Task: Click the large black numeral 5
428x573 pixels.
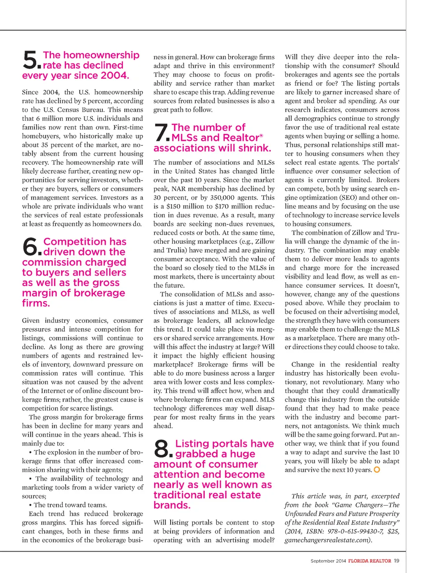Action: tap(31, 60)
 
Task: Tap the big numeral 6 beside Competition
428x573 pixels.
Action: tap(31, 246)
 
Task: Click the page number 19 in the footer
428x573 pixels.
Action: tap(396, 561)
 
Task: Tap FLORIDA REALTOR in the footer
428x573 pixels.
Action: tap(369, 561)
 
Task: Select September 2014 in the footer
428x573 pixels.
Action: tap(328, 561)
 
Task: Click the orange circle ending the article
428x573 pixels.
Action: tap(377, 470)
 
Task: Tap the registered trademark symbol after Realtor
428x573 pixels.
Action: tap(261, 136)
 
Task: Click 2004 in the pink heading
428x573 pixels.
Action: tap(114, 76)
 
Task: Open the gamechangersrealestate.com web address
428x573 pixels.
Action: tap(327, 540)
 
